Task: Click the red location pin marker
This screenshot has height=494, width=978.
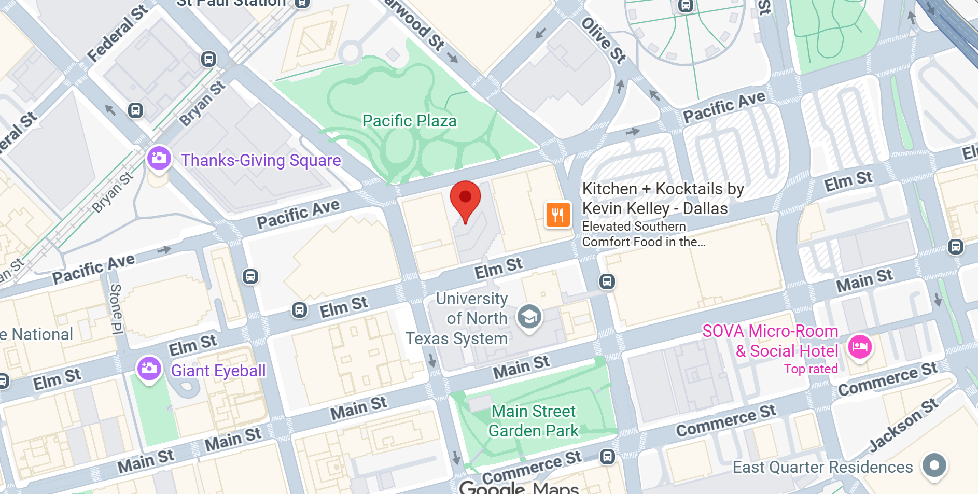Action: click(x=465, y=200)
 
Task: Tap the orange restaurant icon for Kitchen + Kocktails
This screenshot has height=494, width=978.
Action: click(x=557, y=215)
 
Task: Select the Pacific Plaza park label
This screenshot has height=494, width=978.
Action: click(x=409, y=121)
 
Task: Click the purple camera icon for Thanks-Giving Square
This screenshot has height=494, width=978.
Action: click(x=159, y=158)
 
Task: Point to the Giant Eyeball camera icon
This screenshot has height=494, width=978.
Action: click(x=149, y=368)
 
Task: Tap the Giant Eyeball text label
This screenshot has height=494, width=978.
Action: click(x=218, y=371)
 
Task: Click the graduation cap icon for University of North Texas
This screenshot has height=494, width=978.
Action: click(x=529, y=316)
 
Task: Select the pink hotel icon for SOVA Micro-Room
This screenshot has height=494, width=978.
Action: click(x=860, y=346)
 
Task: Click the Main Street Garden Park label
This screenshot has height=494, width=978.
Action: click(x=533, y=421)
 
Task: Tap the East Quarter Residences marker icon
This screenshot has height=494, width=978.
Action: click(x=934, y=465)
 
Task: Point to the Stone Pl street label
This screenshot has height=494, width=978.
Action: click(x=116, y=309)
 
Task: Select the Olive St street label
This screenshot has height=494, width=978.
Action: click(x=604, y=40)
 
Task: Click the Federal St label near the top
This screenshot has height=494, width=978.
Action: click(x=117, y=33)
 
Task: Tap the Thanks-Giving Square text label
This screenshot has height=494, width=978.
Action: click(x=261, y=160)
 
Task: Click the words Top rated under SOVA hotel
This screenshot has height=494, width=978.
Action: click(x=811, y=369)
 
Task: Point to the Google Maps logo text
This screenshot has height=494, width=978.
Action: click(x=519, y=487)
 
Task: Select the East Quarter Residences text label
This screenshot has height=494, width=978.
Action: click(x=822, y=467)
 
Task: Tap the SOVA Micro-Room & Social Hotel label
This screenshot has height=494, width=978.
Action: click(x=770, y=341)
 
